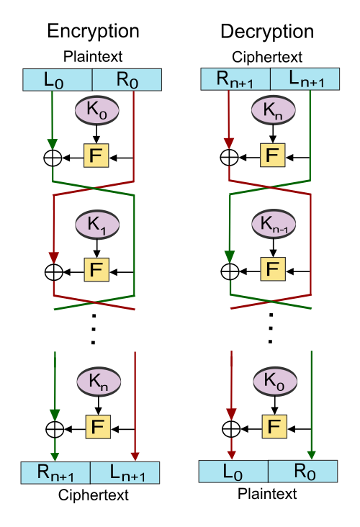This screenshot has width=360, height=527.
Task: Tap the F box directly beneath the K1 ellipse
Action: pos(96,271)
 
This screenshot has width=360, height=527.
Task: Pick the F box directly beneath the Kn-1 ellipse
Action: pos(273,270)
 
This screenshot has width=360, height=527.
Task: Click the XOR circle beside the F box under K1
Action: pos(54,272)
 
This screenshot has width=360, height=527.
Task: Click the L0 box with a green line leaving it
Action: pos(58,79)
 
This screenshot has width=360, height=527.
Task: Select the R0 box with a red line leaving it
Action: pos(127,79)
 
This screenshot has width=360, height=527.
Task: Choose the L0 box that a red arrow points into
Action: pos(233,472)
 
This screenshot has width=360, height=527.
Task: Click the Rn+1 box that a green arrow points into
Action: pos(55,473)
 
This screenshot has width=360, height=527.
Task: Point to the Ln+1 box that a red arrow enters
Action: pos(125,473)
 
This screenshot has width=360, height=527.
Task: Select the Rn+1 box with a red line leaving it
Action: pos(235,79)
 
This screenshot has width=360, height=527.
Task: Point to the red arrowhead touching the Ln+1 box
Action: pos(135,456)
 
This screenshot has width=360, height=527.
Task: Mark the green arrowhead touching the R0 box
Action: pos(311,455)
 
